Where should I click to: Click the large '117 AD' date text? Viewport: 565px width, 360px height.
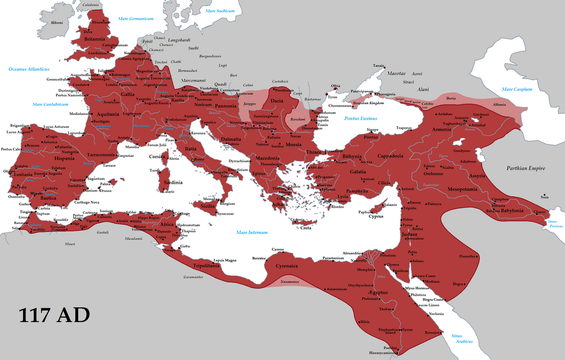(x=54, y=315)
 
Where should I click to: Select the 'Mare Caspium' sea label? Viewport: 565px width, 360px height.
(x=517, y=89)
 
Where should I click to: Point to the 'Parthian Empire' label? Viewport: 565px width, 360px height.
(x=525, y=168)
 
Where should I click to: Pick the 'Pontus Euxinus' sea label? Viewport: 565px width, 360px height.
(x=361, y=118)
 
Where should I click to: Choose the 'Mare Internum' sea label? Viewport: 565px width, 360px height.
(x=252, y=232)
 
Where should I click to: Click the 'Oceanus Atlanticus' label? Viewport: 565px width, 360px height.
(x=29, y=69)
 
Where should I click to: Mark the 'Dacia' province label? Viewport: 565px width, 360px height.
(x=277, y=100)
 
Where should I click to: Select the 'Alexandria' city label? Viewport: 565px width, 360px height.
(x=352, y=253)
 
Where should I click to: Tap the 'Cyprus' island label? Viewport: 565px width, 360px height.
(x=376, y=217)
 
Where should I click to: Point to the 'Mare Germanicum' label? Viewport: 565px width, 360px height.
(x=136, y=19)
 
